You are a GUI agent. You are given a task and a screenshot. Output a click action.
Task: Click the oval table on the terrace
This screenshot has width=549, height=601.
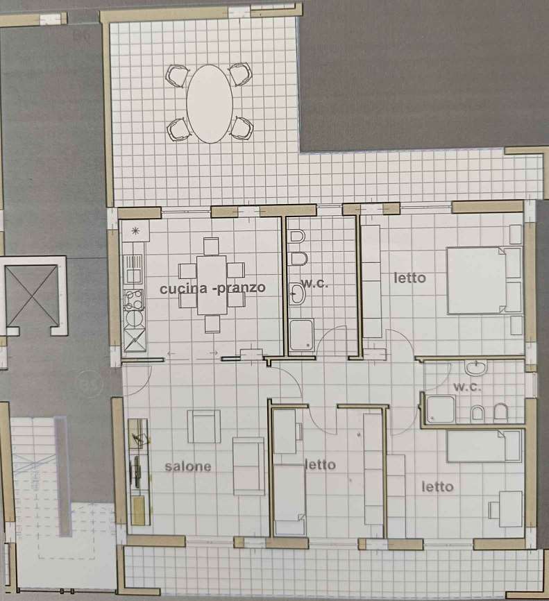click(x=210, y=104)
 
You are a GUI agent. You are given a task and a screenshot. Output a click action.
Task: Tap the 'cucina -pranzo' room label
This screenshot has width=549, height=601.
click(x=212, y=288)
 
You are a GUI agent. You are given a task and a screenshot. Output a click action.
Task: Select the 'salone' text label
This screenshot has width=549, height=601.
click(x=188, y=466)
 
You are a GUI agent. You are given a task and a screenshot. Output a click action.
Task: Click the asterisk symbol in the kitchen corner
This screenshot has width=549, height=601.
click(x=135, y=230)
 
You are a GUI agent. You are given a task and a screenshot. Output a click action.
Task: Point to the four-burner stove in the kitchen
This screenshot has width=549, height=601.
click(x=134, y=299)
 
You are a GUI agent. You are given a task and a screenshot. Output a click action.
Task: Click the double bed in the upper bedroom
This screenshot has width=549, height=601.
click(x=484, y=280)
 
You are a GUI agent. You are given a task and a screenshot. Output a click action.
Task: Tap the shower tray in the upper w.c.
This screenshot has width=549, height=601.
click(x=302, y=335)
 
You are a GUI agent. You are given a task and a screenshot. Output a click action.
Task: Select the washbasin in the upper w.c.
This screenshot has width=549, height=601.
click(x=296, y=294)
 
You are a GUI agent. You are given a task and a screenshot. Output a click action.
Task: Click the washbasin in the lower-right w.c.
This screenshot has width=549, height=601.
click(x=476, y=367)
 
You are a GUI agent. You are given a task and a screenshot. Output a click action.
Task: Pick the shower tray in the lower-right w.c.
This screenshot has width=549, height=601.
click(x=441, y=409)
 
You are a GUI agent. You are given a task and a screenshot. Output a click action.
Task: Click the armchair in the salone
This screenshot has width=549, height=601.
click(x=204, y=426)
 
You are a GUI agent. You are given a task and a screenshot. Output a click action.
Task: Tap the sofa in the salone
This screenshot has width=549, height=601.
click(x=248, y=466)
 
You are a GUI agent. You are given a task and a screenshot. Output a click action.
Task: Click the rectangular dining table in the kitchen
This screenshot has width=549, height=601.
click(x=212, y=285)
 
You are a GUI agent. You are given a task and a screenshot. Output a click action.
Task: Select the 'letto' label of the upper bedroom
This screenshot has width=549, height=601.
click(x=409, y=278)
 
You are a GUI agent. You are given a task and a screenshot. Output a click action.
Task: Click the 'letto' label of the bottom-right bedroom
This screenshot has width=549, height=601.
click(x=437, y=486)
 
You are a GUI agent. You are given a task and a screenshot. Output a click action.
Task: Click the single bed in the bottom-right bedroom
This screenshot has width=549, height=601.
click(x=484, y=446)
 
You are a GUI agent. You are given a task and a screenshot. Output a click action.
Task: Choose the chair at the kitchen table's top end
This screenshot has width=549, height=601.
click(x=211, y=246)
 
